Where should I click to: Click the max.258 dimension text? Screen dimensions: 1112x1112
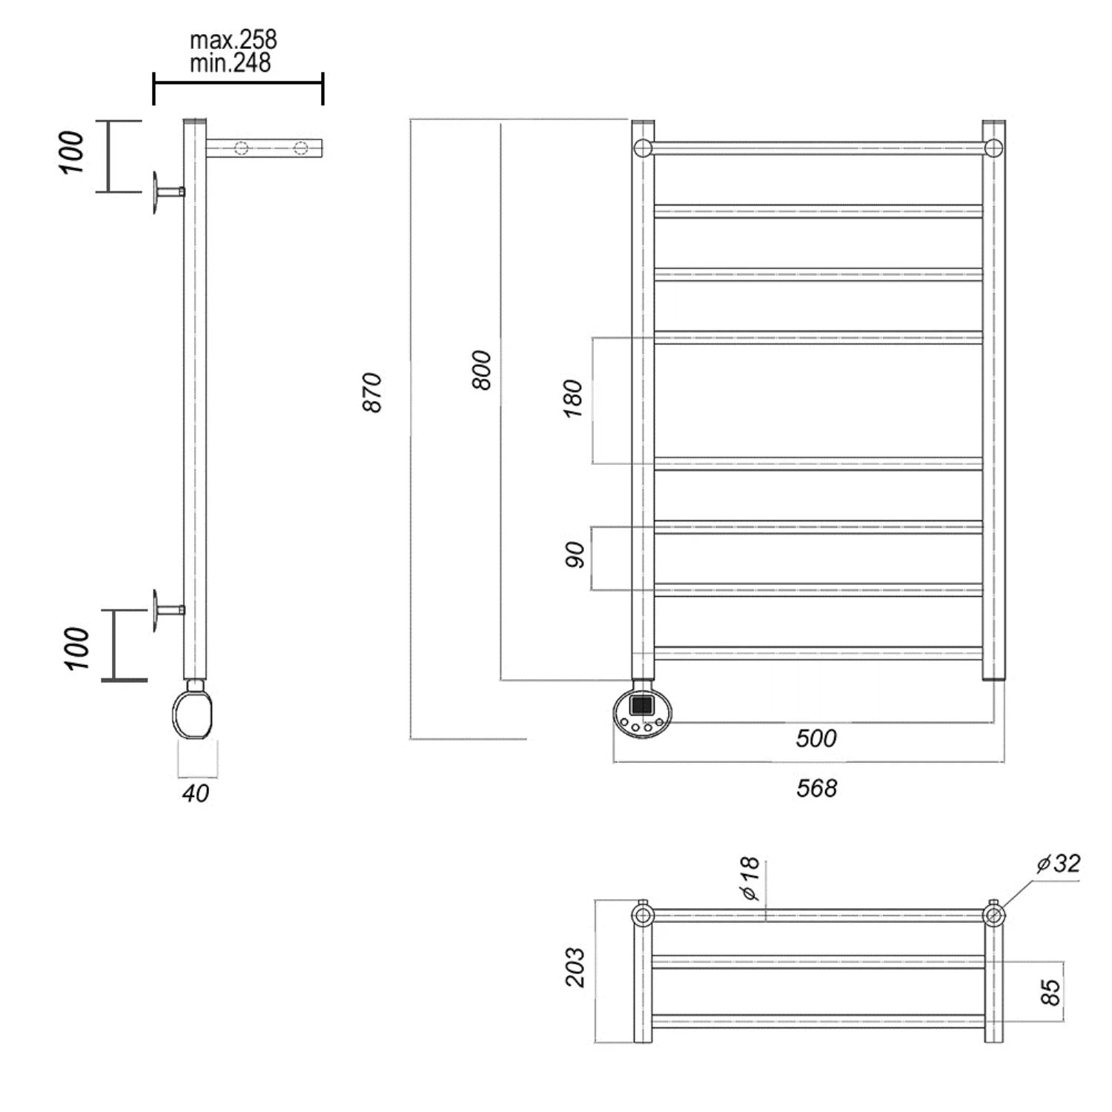click(x=233, y=39)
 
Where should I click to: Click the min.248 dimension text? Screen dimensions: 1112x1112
click(x=230, y=63)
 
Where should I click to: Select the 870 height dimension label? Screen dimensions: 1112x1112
click(x=372, y=392)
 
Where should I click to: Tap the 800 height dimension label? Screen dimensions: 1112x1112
click(x=481, y=370)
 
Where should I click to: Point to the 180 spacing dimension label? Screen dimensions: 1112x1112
click(x=573, y=399)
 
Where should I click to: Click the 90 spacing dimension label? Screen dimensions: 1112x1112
click(x=575, y=555)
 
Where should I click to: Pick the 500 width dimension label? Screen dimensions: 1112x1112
click(x=815, y=738)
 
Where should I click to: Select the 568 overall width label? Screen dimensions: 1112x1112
click(x=816, y=788)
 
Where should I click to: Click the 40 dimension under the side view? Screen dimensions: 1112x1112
click(x=196, y=793)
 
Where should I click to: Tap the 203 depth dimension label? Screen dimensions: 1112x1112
click(x=575, y=967)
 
